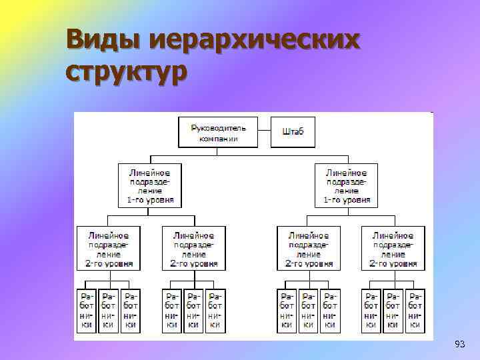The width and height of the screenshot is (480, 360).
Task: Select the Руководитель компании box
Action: click(x=219, y=132)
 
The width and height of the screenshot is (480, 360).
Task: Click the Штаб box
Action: click(x=293, y=132)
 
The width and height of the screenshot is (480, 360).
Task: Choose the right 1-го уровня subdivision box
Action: click(x=346, y=185)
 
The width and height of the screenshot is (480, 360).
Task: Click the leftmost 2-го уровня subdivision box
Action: click(x=108, y=248)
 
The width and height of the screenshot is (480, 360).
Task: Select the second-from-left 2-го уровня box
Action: click(x=193, y=248)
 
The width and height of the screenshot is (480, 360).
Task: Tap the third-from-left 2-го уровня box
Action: click(x=309, y=248)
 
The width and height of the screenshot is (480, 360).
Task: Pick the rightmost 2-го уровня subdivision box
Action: click(x=393, y=248)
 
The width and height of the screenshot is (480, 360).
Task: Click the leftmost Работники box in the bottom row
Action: click(x=87, y=310)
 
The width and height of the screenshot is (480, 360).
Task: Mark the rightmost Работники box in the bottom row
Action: click(x=415, y=310)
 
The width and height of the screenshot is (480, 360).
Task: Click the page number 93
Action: click(x=459, y=344)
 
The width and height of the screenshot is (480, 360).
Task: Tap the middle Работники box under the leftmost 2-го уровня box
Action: click(x=108, y=310)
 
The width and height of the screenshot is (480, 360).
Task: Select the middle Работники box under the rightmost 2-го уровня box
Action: click(x=393, y=310)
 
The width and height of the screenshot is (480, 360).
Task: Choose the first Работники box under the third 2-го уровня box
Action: click(x=287, y=310)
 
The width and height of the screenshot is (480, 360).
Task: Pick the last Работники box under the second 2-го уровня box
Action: click(x=215, y=310)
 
